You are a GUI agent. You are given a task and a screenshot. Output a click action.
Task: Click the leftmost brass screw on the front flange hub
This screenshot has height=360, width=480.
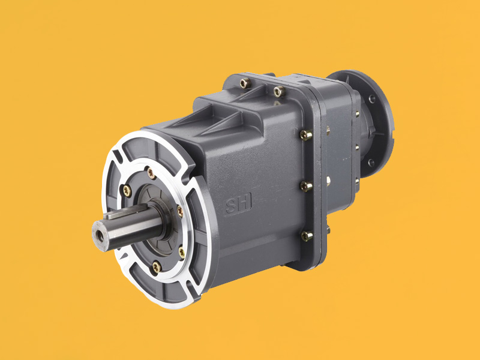pos(126,191)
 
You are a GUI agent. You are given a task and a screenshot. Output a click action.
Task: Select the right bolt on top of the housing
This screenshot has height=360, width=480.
pos(278,91)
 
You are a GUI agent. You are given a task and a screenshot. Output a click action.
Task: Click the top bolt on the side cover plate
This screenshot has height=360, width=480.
pos(305,136)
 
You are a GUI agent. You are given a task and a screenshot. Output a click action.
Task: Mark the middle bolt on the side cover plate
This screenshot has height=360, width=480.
pos(305,187)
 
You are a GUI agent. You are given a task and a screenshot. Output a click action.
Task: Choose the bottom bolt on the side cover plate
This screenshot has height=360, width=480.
pos(305,236)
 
